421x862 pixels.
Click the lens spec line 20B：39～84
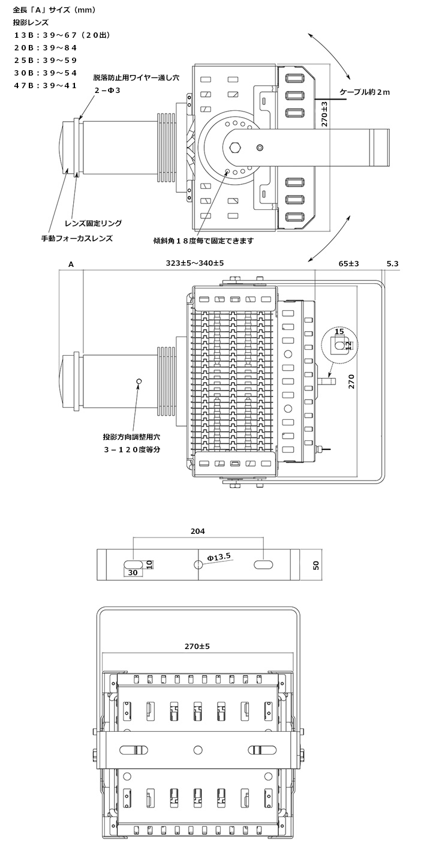point(46,48)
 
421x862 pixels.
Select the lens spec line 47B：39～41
point(46,85)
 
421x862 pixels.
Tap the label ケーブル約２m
point(365,92)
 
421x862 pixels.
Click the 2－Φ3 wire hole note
point(108,91)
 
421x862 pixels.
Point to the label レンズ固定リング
point(93,223)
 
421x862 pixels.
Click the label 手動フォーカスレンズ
point(77,239)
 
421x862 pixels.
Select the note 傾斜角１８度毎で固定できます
point(203,241)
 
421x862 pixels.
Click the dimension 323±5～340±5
point(195,263)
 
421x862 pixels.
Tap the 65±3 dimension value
point(348,263)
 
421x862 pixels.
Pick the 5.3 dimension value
point(393,263)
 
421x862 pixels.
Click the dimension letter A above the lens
point(71,265)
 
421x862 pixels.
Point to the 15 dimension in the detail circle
point(339,331)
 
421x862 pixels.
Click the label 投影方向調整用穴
point(131,437)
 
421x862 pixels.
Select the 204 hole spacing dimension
point(198,531)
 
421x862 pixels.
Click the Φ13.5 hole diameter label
point(219,557)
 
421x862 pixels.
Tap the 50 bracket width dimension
point(316,565)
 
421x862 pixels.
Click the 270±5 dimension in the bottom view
point(197,646)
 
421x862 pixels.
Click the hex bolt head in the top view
point(234,148)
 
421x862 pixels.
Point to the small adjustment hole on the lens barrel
point(139,381)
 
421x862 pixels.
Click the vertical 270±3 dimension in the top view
point(324,114)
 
